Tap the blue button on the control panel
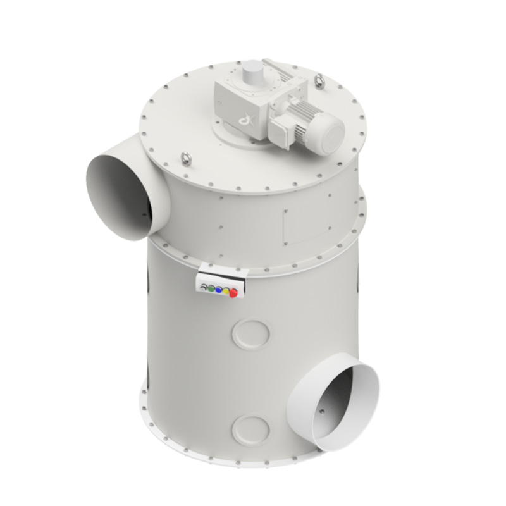point(218,289)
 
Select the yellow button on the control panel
point(226,291)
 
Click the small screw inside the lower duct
point(321,411)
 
